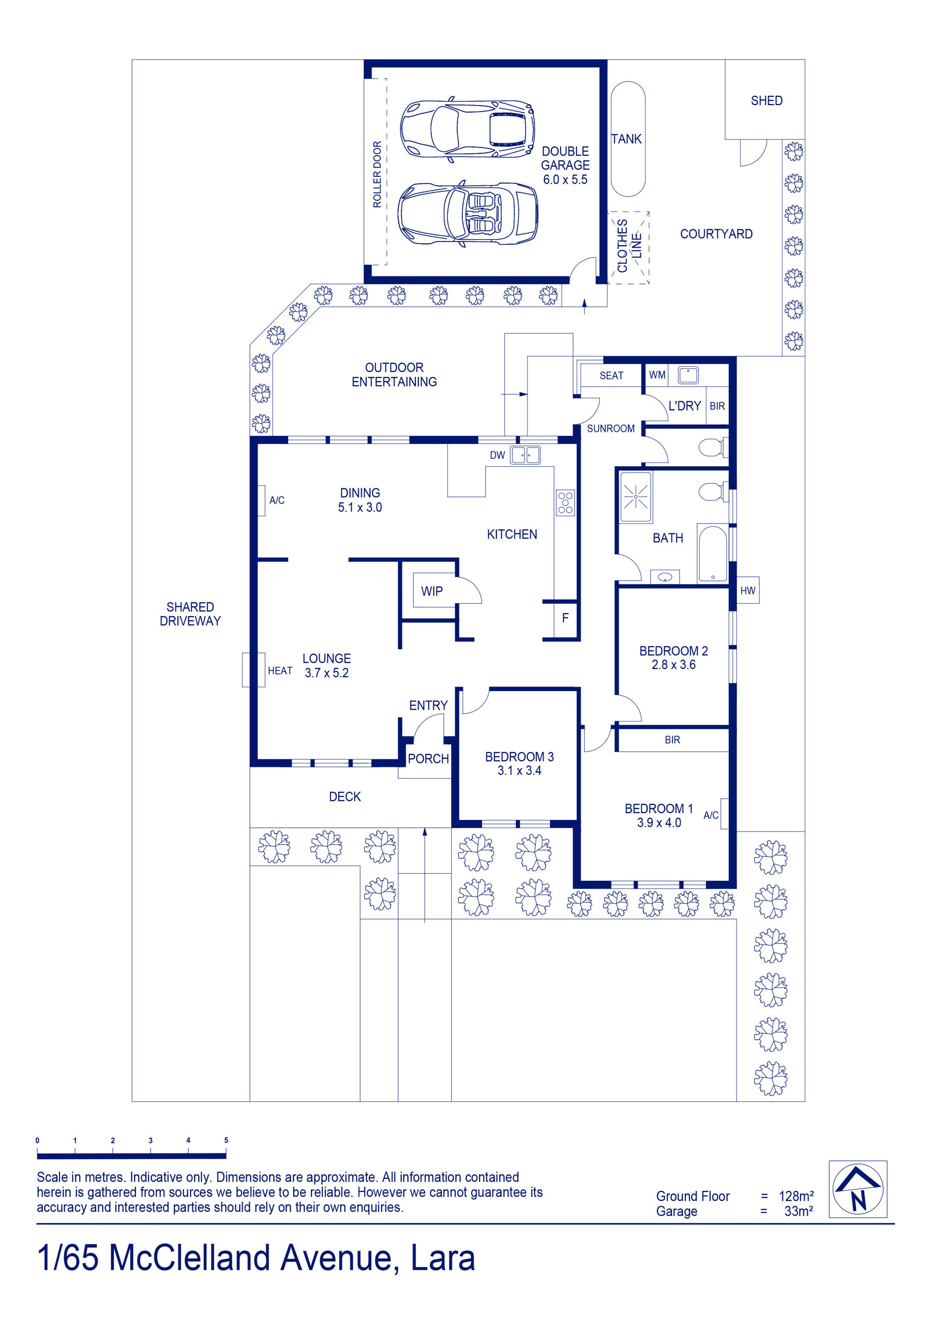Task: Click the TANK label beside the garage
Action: pos(626,139)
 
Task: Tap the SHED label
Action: pos(767,100)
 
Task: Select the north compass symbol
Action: pos(858,1189)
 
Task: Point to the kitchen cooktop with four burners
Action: pos(565,502)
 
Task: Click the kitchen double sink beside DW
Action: pos(525,455)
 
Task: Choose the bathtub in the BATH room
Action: pos(712,554)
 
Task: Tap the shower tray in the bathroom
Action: pos(636,497)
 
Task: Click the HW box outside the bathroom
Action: pos(747,590)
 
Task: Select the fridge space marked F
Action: pos(565,618)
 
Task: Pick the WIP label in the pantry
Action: pos(431,591)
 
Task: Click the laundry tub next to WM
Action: pos(688,375)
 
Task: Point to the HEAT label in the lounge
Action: pos(280,670)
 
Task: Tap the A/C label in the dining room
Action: pos(277,500)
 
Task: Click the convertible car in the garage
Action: pos(468,214)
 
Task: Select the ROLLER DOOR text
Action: pos(377,174)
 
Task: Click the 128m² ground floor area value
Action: pos(795,1196)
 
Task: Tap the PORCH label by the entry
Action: pos(428,759)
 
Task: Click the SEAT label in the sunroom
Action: pos(611,376)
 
